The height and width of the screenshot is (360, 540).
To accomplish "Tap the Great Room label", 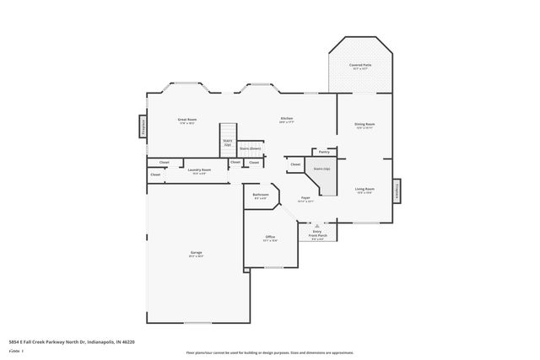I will pos(186,121).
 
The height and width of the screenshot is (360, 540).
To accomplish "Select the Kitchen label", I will pos(286,119).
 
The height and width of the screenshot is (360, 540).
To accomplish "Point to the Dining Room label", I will pos(364,125).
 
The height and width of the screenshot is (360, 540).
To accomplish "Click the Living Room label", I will pos(364,190).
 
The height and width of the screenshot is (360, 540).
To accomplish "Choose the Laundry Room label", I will pos(199,170).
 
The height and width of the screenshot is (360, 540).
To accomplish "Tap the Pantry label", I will pos(324,153).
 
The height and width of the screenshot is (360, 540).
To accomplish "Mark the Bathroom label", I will pos(261,196).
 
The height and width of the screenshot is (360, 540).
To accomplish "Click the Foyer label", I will pos(306,199).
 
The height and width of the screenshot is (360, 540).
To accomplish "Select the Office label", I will pos(271,238).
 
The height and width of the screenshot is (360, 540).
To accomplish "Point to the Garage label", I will pos(196,253).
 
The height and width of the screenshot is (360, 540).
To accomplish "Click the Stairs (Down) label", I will pos(251,148).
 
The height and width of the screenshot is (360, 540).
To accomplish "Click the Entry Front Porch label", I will pos(317,235).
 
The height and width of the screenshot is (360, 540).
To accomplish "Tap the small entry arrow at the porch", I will pos(317,226).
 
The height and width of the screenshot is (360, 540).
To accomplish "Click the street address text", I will pos(73,341).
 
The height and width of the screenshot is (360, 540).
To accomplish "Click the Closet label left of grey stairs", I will pos(295,164).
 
